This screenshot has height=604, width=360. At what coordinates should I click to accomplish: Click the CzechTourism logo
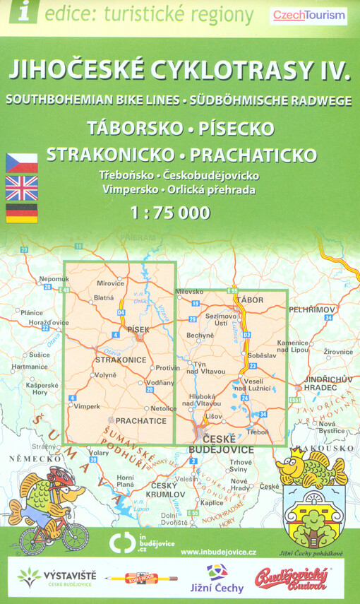309,14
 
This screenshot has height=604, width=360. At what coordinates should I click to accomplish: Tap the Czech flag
21,162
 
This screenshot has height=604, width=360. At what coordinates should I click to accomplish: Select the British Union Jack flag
21,187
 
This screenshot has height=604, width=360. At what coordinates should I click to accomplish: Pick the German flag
21,212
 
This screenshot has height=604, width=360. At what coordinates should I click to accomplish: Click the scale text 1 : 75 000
170,212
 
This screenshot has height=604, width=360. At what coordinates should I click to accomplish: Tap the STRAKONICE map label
120,360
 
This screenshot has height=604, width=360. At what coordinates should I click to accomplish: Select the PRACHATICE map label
141,421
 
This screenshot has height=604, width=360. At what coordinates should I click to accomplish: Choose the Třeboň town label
258,431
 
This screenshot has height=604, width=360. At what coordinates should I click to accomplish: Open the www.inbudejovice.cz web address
218,552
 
